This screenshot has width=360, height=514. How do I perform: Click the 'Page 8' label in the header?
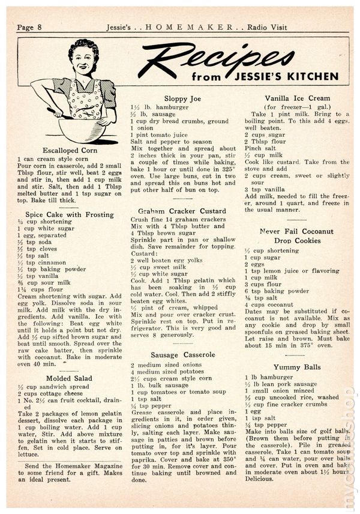tap(29, 10)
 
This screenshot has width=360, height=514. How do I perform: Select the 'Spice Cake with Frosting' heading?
tap(70, 214)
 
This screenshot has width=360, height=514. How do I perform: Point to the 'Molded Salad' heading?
tap(70, 378)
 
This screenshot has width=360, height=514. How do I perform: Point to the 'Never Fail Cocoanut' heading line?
tap(296, 231)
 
